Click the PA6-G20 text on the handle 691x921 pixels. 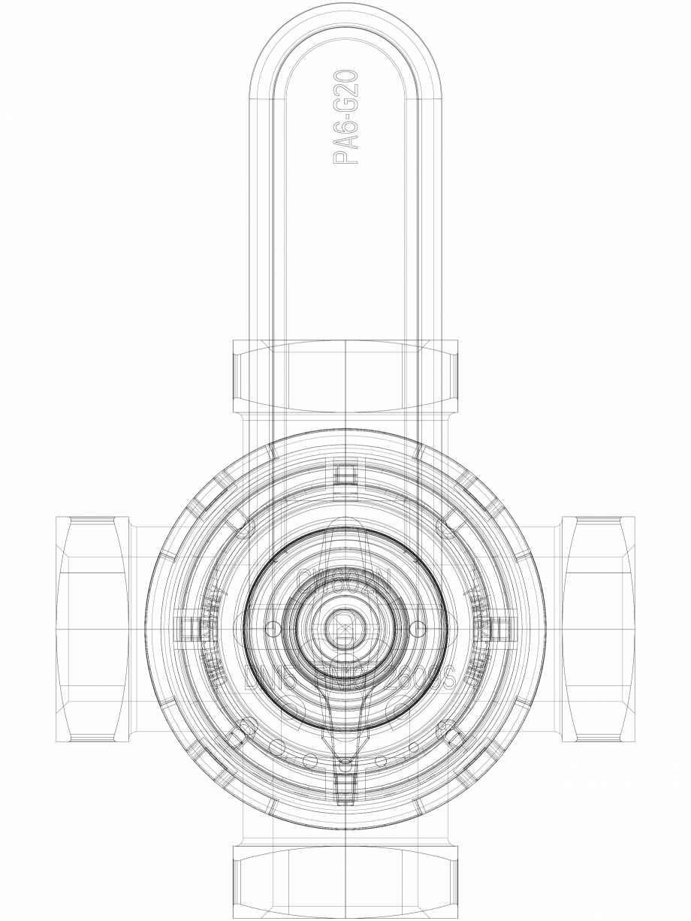pos(347,117)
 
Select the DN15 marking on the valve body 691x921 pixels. pos(267,678)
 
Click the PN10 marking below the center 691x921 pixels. pos(344,678)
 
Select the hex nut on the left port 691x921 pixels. pos(92,629)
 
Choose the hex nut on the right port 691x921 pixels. pos(598,629)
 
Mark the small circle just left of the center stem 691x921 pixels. pos(272,627)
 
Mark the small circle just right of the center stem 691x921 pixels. pos(418,627)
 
